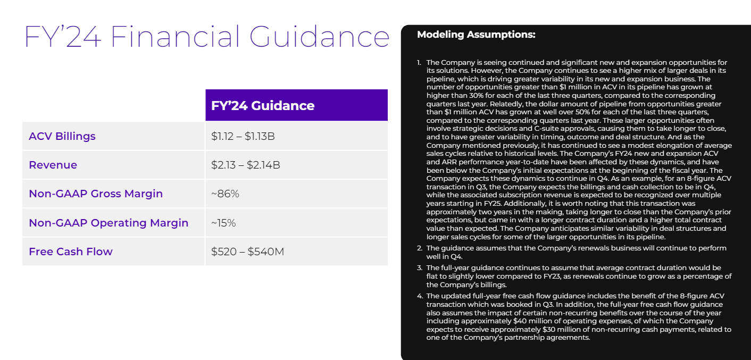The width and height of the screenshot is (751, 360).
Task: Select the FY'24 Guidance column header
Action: [263, 105]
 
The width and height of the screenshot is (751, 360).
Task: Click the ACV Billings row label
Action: [62, 136]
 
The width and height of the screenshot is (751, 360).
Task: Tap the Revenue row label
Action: [53, 165]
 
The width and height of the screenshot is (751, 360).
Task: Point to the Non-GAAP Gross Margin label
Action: [96, 194]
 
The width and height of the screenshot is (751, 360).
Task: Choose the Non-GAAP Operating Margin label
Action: [109, 223]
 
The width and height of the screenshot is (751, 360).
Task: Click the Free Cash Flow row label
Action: [71, 252]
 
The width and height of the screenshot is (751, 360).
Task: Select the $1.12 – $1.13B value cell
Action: [243, 136]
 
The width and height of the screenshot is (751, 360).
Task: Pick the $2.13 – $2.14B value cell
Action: [246, 165]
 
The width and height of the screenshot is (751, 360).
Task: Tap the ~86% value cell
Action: [225, 194]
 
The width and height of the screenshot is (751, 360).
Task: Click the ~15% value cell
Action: [223, 223]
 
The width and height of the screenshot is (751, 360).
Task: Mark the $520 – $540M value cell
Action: [247, 252]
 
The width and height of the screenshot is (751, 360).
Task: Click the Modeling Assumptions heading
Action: [476, 35]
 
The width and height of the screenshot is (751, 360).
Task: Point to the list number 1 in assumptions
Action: [419, 63]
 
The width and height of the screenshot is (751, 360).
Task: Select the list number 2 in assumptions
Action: [419, 248]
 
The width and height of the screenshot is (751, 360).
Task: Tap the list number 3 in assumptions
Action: [419, 267]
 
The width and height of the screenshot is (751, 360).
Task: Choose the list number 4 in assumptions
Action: [419, 296]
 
